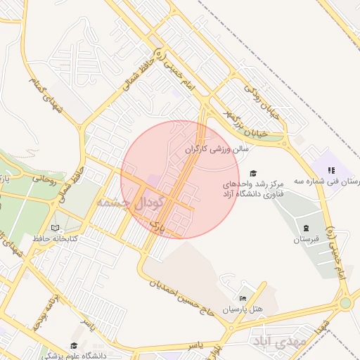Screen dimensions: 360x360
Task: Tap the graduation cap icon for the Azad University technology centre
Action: pos(253,174)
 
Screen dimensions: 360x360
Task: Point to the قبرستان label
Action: pos(306,239)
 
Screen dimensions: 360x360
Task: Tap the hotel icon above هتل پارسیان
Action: pos(243,299)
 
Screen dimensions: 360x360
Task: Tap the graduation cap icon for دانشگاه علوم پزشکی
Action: pos(74,345)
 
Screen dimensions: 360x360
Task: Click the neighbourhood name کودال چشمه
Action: pos(131,202)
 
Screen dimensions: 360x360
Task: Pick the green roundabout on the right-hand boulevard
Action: pos(345,303)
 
